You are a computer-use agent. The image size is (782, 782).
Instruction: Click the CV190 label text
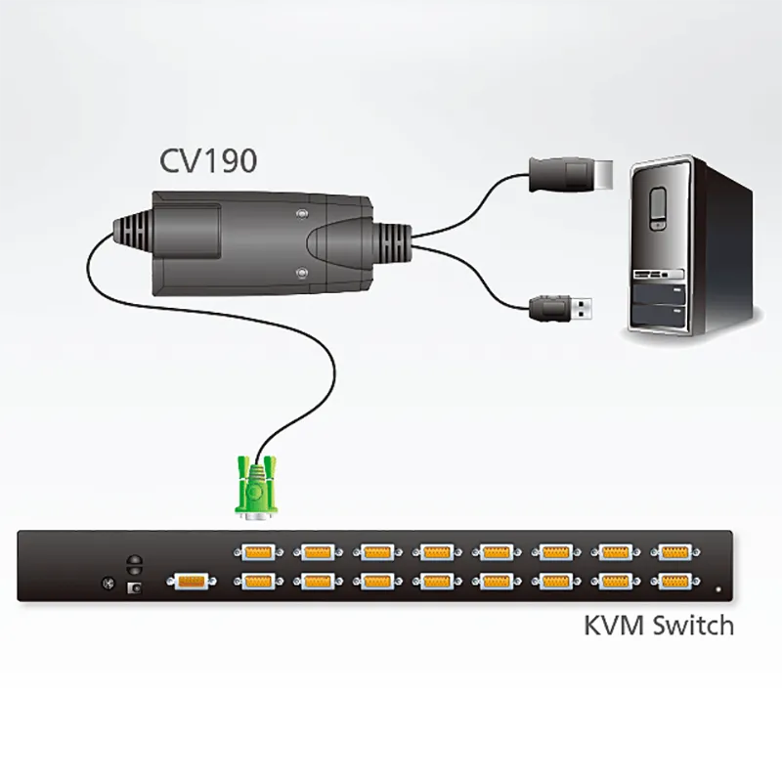click(208, 160)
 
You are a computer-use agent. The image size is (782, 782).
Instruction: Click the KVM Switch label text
click(658, 626)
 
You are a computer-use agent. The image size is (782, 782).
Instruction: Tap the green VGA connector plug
click(256, 487)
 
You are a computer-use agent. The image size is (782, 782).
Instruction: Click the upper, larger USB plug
click(571, 175)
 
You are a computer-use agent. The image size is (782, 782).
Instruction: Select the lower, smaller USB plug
click(561, 308)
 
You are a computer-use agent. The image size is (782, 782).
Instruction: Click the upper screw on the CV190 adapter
click(301, 214)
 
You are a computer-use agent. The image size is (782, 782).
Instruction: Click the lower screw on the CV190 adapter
click(301, 273)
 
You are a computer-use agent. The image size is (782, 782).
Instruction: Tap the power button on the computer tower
click(658, 209)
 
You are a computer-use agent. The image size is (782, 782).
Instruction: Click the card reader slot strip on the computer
click(658, 275)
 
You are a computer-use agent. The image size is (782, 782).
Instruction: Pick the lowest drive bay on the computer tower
click(659, 314)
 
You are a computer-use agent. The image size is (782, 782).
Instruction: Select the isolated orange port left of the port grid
click(192, 582)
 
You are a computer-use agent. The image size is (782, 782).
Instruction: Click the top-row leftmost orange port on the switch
click(258, 552)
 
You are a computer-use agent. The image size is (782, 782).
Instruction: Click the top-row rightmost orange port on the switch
click(675, 552)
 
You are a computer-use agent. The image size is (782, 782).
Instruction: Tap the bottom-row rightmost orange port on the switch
click(675, 582)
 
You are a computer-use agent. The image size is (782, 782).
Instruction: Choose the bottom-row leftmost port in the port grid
click(258, 582)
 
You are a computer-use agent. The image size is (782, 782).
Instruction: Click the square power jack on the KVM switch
click(135, 588)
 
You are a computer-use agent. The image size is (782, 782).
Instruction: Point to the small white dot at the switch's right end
click(718, 589)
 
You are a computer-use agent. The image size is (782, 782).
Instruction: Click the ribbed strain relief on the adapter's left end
click(133, 232)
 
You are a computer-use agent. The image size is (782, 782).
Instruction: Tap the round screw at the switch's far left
click(108, 583)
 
